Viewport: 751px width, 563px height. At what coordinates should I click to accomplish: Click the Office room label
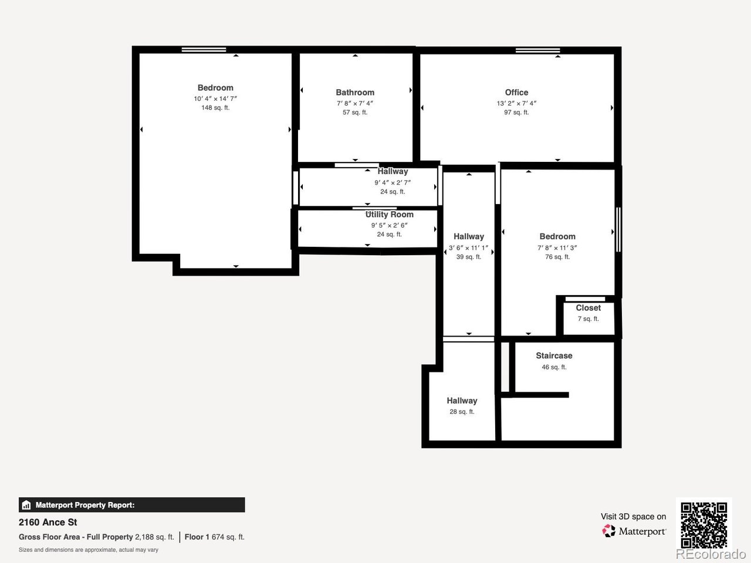click(x=516, y=92)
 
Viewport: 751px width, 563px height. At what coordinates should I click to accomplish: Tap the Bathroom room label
click(x=355, y=92)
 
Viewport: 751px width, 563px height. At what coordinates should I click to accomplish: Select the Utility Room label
click(x=390, y=214)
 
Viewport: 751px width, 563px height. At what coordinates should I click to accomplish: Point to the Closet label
click(x=588, y=308)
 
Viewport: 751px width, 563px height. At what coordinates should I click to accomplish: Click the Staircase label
click(x=554, y=355)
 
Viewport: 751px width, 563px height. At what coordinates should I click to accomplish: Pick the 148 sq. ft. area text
click(x=215, y=108)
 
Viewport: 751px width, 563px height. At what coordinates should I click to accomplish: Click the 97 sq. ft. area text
click(x=516, y=112)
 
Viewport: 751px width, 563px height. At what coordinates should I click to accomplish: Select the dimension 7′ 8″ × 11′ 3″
click(x=557, y=248)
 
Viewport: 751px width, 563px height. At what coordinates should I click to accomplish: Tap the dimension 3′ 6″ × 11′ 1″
click(x=468, y=248)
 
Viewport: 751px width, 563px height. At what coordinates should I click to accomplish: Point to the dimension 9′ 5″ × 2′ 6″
click(x=390, y=225)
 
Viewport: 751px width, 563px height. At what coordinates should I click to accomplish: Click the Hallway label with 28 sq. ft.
click(x=462, y=401)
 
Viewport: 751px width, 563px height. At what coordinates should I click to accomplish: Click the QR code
click(x=704, y=525)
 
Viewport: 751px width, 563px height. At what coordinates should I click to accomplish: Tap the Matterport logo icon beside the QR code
click(x=608, y=531)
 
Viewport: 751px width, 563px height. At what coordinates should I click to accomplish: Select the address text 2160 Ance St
click(x=48, y=523)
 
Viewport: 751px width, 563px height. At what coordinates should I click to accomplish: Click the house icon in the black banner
click(x=26, y=505)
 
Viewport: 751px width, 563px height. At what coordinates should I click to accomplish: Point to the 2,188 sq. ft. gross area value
click(x=154, y=537)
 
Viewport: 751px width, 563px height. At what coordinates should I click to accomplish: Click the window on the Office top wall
click(x=537, y=50)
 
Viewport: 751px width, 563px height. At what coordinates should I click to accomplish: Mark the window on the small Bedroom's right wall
click(x=618, y=230)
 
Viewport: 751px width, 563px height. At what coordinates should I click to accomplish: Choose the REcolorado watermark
click(x=711, y=554)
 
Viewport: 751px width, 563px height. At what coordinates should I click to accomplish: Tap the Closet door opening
click(x=585, y=299)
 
